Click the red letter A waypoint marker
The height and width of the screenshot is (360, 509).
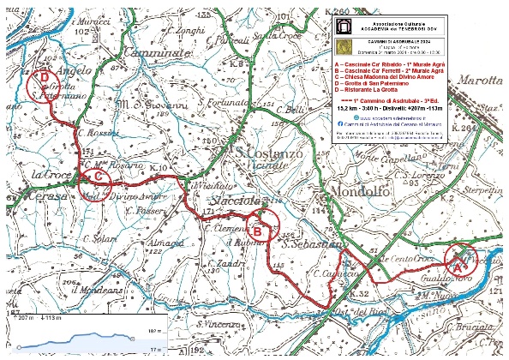[x=458, y=266]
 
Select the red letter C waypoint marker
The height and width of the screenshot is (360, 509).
[x=99, y=177]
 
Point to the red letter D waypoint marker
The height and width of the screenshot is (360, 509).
[x=44, y=76]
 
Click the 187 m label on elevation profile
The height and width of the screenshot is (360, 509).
[x=154, y=329]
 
